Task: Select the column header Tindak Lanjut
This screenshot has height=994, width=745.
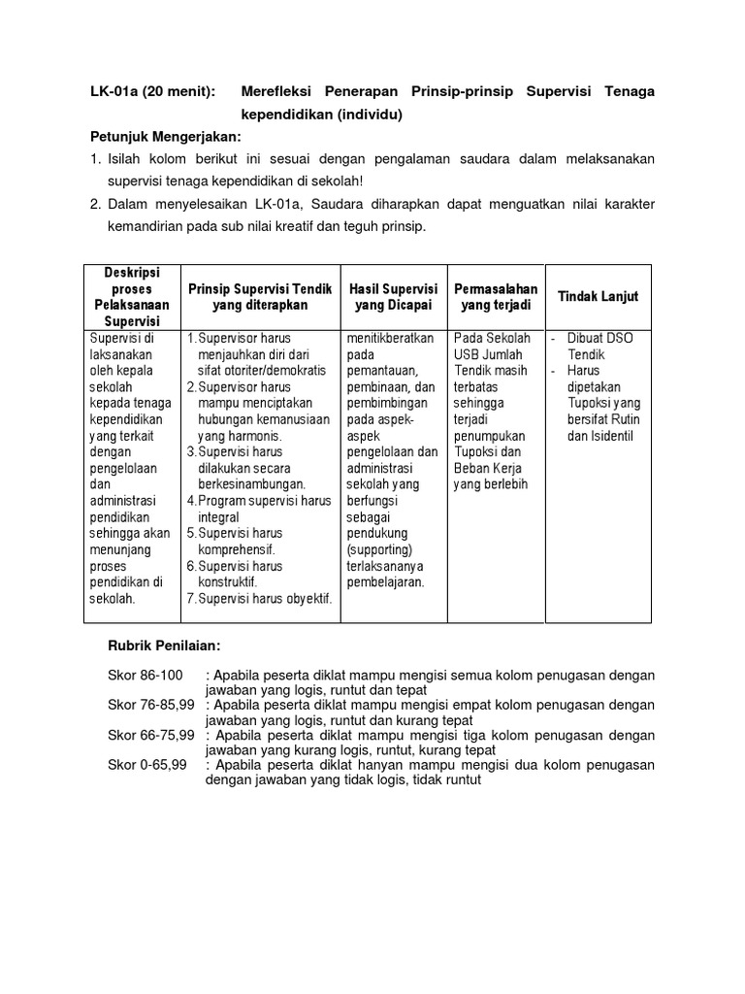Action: [x=599, y=296]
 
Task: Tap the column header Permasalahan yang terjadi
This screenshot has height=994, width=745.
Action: [x=496, y=296]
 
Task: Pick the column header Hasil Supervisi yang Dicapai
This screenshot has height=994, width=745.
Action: [x=394, y=296]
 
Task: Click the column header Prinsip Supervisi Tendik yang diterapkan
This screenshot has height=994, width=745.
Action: [x=260, y=296]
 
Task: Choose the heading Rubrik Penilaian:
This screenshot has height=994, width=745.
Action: [x=165, y=646]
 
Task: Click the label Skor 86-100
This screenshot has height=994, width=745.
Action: [x=146, y=675]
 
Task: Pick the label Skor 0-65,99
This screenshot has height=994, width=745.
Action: [x=148, y=764]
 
